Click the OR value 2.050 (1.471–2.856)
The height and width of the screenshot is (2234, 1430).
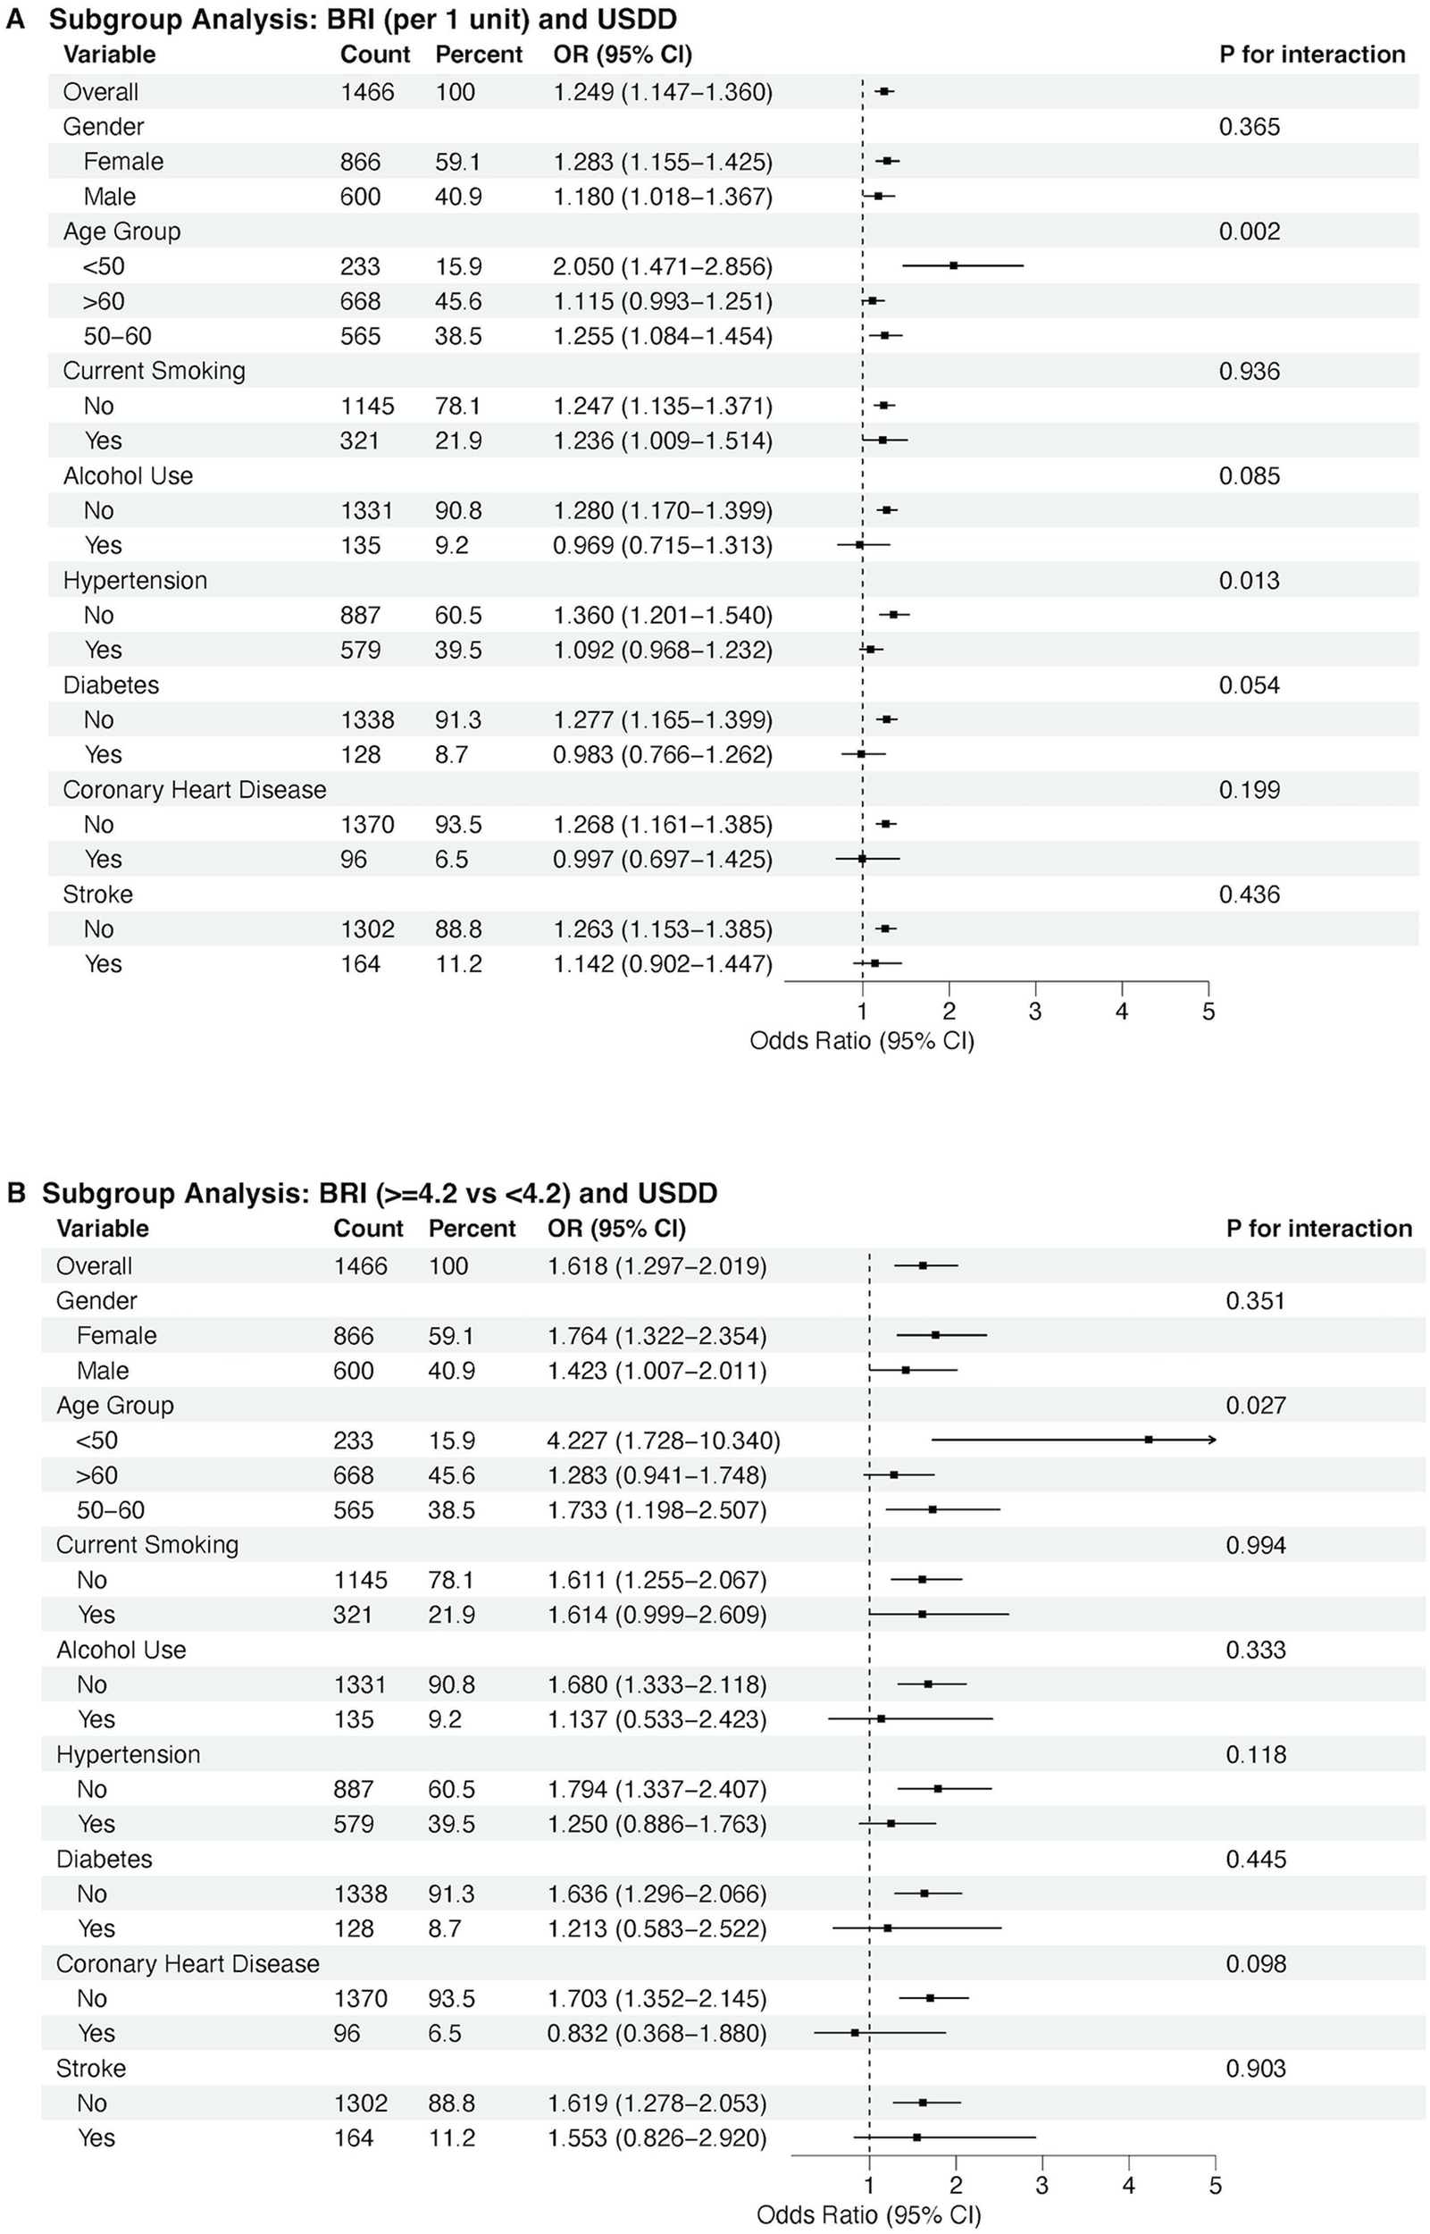(662, 266)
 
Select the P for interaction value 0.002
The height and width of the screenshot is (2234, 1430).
(1249, 231)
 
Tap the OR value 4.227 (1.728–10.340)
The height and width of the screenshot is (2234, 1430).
(663, 1440)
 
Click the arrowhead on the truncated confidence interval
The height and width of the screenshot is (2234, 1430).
(1211, 1440)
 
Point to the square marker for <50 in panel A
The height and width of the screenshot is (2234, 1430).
(954, 265)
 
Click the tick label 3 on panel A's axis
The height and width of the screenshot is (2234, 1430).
(1034, 1012)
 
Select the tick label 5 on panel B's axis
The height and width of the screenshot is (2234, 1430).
(1215, 2186)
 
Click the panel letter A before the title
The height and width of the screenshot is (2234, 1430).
(15, 19)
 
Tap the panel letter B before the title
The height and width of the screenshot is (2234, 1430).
(16, 1193)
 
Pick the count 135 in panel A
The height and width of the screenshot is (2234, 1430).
(360, 545)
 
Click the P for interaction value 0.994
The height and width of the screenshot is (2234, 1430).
(1256, 1545)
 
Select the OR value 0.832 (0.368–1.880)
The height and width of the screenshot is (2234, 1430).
(656, 2033)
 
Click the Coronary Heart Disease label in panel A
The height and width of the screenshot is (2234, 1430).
(194, 790)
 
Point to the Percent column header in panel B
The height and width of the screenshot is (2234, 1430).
(472, 1228)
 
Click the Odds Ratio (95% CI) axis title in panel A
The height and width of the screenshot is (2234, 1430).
(862, 1040)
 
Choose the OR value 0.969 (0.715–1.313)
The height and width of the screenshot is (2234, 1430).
(662, 545)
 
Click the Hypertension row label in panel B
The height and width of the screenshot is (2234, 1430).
(128, 1754)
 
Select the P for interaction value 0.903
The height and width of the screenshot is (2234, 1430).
(1256, 2068)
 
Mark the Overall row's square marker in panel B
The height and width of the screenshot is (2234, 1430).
(922, 1265)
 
